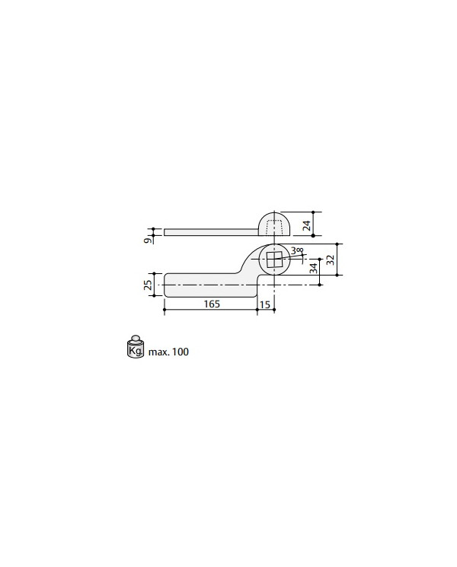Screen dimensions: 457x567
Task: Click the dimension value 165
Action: coord(212,304)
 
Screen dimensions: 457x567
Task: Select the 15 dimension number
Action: coord(265,304)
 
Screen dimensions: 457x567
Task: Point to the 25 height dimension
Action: coord(148,285)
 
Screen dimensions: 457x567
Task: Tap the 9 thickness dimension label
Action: coord(147,240)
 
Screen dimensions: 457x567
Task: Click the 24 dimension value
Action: coord(306,225)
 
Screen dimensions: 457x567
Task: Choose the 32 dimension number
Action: coord(330,260)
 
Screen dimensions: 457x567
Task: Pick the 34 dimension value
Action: coord(313,268)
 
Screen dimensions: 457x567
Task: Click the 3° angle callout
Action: coord(297,250)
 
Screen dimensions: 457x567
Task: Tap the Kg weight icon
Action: coord(136,347)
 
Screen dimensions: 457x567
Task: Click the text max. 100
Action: coord(168,352)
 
